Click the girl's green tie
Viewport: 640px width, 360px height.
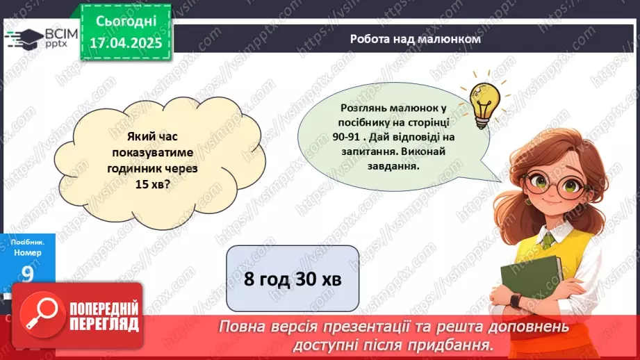point(548,240)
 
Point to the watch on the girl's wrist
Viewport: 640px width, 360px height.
point(514,301)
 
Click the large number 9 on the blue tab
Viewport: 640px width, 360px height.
point(27,275)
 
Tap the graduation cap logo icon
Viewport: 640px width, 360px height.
point(25,38)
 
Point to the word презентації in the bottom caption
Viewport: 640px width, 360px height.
point(440,327)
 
